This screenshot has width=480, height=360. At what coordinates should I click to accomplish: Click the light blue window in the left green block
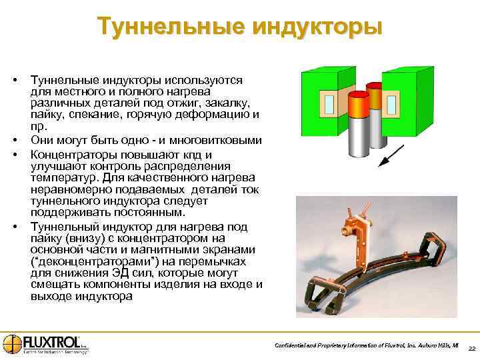pyautogui.click(x=330, y=103)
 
